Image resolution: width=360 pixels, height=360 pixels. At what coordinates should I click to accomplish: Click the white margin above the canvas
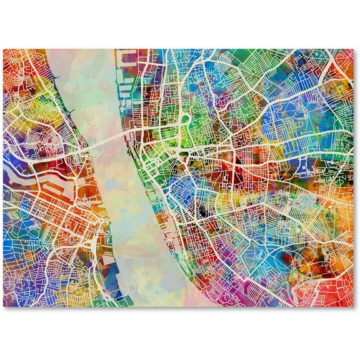tap(180, 22)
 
